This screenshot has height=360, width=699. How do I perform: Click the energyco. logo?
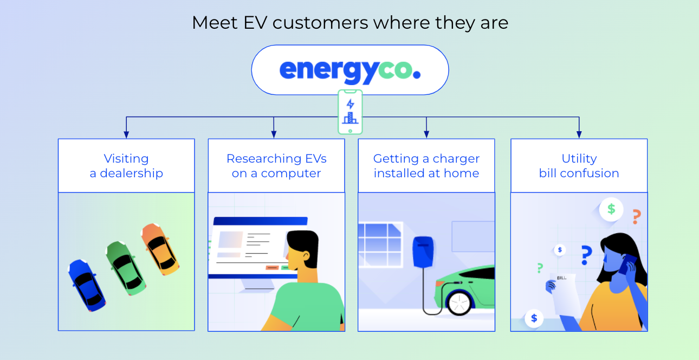349,70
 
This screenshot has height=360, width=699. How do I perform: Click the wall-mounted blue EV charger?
424,252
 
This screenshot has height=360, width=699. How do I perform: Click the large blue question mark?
585,255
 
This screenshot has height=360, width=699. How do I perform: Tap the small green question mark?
540,267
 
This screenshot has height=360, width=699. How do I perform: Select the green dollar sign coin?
611,209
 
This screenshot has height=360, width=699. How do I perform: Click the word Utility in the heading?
579,159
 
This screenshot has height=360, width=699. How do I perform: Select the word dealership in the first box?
132,173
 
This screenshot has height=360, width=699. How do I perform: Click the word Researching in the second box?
257,159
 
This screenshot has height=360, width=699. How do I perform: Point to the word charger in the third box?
456,159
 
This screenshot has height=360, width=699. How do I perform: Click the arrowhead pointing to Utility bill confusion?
579,134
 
